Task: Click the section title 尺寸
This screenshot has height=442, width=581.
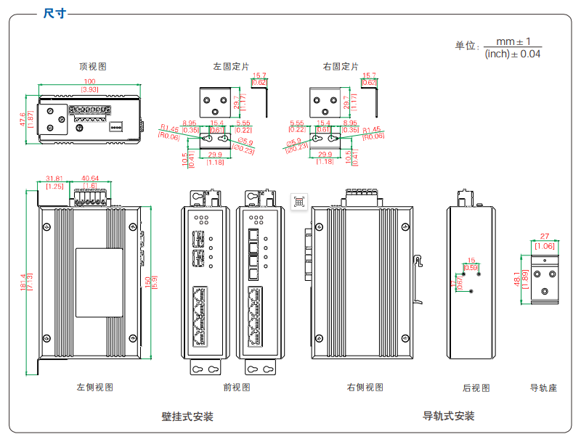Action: (x=54, y=13)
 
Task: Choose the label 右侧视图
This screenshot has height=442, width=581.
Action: (x=365, y=388)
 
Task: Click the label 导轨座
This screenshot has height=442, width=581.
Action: (x=543, y=388)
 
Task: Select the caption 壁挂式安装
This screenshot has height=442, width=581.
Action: (x=187, y=417)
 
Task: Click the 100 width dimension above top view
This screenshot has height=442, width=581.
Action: (x=89, y=81)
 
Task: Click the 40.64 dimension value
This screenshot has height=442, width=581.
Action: (x=91, y=178)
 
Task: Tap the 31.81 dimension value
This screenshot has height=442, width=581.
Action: (x=54, y=178)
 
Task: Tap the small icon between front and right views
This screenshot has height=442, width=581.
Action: (x=298, y=202)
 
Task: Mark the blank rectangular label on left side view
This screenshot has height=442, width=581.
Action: (x=99, y=283)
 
